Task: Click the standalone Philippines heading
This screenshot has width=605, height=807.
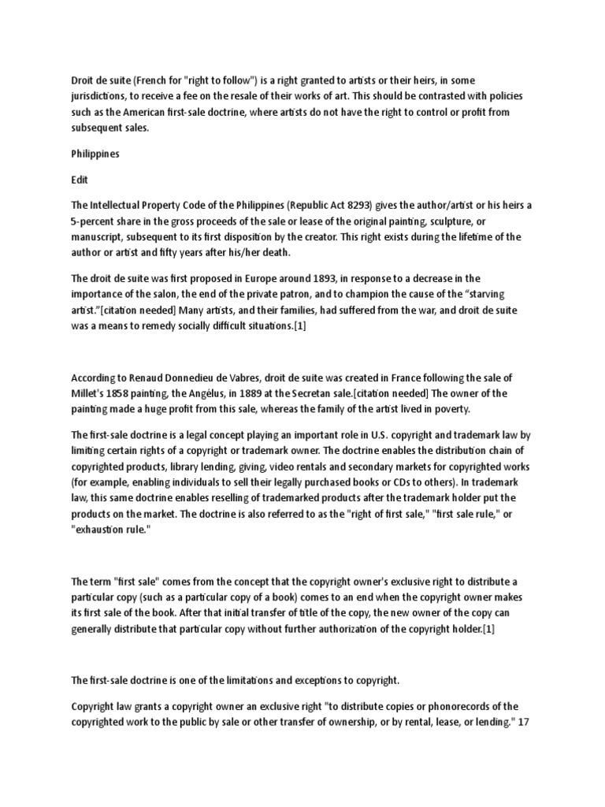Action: tap(95, 154)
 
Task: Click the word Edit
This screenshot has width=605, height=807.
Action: tap(80, 180)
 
